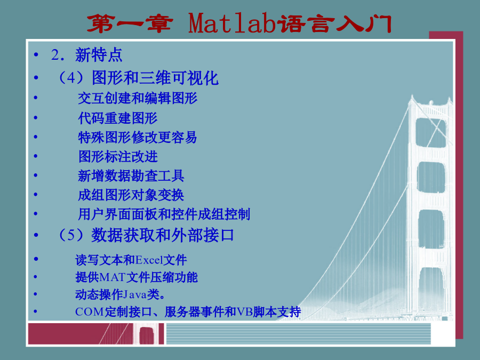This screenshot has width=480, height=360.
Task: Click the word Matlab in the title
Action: [232, 23]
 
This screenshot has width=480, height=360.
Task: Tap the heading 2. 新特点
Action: [86, 55]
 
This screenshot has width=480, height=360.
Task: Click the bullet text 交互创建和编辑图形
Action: [138, 98]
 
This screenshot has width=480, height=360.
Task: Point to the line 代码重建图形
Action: [117, 118]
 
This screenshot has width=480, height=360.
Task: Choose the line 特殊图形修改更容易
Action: [138, 138]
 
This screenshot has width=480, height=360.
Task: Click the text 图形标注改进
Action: [118, 157]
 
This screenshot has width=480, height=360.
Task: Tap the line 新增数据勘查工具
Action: [131, 176]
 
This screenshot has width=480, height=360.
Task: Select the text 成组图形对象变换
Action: [131, 195]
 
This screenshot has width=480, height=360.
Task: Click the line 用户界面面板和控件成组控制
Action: [164, 214]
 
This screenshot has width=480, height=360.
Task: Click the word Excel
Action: [149, 260]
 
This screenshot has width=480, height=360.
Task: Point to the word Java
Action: [135, 294]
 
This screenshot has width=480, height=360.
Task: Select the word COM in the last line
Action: [90, 312]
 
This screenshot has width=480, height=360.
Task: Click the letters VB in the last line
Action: [245, 312]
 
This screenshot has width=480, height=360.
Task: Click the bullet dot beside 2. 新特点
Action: [36, 55]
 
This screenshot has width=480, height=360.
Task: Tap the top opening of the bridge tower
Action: [430, 132]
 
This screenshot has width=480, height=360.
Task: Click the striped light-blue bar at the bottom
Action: [299, 334]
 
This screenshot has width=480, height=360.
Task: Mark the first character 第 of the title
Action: [99, 23]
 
